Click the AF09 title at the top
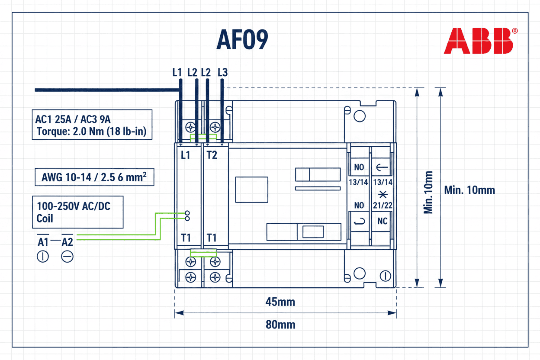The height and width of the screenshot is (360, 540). point(242,40)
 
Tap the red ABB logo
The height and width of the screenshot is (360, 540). point(478,41)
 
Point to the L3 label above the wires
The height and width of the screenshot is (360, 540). point(222,72)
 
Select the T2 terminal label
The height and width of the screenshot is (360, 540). point(212,155)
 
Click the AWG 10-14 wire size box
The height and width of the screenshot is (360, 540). point(94,177)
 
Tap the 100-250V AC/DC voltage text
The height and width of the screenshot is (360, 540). point(73,206)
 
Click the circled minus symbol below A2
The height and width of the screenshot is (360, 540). point(67,257)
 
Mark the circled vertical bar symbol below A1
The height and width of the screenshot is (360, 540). point(43,257)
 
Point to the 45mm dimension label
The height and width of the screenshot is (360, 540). point(280,302)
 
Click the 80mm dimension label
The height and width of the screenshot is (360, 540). point(280,324)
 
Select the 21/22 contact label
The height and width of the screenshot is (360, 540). point(382,205)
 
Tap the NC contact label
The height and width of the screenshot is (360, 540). point(382,221)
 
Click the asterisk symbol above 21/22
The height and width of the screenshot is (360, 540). point(382,194)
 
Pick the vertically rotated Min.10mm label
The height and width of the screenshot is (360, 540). point(428,192)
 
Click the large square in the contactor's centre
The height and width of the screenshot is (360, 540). point(251,190)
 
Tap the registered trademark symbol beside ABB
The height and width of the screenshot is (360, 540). point(514,31)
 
